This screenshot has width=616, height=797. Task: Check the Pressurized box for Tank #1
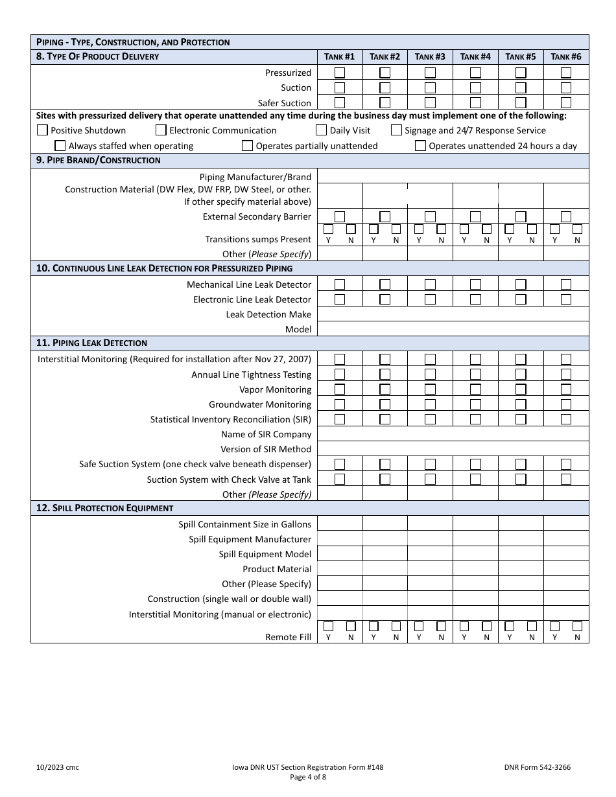pos(340,73)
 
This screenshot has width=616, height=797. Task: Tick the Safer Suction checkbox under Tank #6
pos(566,102)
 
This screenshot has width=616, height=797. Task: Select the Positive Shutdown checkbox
pos(43,130)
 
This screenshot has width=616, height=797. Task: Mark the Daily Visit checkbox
pos(322,130)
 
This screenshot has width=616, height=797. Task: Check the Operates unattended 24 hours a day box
pos(421,146)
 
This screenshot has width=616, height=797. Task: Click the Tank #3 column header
pos(430,56)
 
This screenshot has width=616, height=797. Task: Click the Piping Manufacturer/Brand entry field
pos(453,176)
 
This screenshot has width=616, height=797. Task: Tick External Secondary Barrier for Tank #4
pos(475,216)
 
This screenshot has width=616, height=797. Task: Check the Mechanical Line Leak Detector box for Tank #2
pos(385,284)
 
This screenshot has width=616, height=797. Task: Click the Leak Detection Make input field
pos(453,314)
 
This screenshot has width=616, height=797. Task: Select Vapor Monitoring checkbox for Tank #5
pos(521,389)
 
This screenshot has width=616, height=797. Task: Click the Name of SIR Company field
pos(453,434)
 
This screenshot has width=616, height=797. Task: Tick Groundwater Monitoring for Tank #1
pos(340,404)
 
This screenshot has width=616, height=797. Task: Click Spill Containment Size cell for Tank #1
pos(340,524)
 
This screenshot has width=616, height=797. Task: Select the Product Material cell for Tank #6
pos(566,569)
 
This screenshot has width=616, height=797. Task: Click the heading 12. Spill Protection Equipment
pos(105,508)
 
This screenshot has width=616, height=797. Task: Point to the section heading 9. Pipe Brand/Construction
pos(99,160)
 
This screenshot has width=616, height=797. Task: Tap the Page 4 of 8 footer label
pos(308,778)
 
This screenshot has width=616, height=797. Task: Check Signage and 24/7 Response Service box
pos(396,130)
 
